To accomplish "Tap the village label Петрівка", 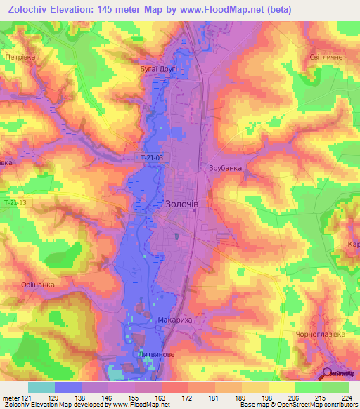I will (x=20, y=57).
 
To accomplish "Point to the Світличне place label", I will (x=326, y=57).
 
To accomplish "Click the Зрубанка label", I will (x=225, y=168).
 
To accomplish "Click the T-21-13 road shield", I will (x=14, y=203).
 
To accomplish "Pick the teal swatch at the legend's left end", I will (x=41, y=387).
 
